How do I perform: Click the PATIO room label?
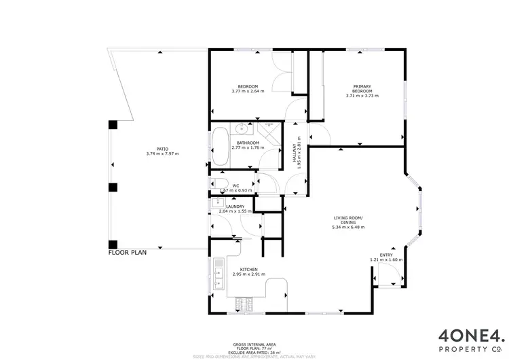click(x=162, y=148)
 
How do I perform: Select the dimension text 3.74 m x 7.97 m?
click(x=162, y=154)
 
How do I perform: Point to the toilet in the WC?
click(x=219, y=188)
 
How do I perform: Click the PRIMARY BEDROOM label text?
click(x=362, y=88)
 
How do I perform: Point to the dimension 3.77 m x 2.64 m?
click(x=247, y=92)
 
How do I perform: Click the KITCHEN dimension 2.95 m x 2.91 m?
click(x=249, y=274)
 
